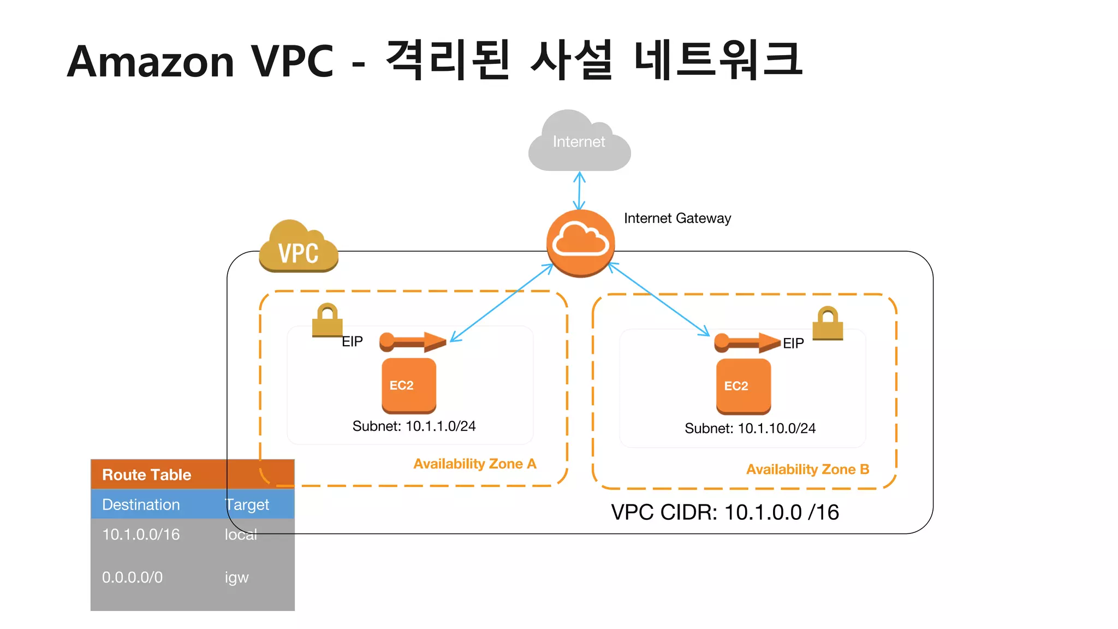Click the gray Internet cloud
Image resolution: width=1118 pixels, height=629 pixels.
[579, 143]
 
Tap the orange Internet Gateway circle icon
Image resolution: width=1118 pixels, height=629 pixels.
[580, 243]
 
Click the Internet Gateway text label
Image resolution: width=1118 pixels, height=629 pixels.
[677, 218]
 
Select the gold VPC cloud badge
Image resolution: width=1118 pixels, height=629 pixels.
[298, 248]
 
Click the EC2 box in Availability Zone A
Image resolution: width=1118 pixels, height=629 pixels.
[408, 385]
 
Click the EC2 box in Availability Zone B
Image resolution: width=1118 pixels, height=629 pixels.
[743, 386]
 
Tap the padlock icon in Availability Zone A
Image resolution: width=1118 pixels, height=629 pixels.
[327, 321]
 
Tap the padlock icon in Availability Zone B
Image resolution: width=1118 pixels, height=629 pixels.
[828, 323]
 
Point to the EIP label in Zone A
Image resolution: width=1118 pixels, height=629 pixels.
[352, 342]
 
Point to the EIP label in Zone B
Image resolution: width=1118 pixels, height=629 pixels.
[793, 343]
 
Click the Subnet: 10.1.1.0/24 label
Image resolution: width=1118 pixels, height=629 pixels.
[414, 426]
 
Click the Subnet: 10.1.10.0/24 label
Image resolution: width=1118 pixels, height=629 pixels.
[750, 429]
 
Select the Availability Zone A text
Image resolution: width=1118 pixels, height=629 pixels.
[474, 464]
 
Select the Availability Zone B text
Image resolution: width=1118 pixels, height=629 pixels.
[807, 470]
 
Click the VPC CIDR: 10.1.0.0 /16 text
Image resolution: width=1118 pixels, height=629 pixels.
[724, 513]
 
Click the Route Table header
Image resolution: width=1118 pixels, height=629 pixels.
[147, 474]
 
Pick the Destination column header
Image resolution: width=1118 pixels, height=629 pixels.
[141, 505]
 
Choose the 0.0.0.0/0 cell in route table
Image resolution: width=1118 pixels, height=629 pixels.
[132, 577]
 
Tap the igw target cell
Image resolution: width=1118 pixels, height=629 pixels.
[236, 578]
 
